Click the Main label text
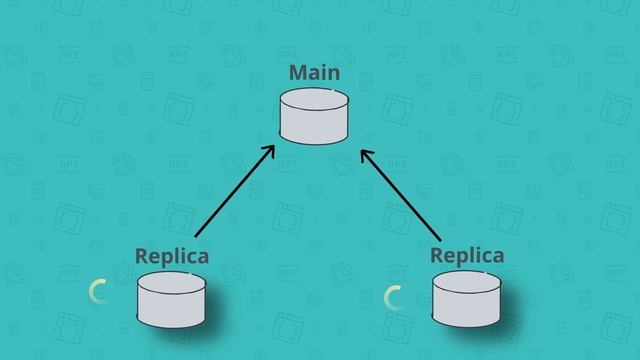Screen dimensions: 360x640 (x=314, y=73)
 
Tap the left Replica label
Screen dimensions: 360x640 (x=172, y=256)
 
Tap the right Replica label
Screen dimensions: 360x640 (x=467, y=255)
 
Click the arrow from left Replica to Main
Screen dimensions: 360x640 (x=234, y=191)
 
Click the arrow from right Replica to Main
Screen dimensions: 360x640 (x=400, y=194)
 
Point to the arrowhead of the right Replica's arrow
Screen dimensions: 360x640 (x=364, y=154)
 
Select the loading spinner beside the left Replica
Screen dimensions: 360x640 (x=98, y=292)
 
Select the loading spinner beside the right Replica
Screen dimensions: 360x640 (x=394, y=297)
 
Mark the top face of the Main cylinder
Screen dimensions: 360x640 (x=314, y=100)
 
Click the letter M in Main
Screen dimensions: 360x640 (x=297, y=73)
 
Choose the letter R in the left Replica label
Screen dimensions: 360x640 (x=142, y=256)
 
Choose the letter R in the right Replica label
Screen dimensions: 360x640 (x=437, y=255)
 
